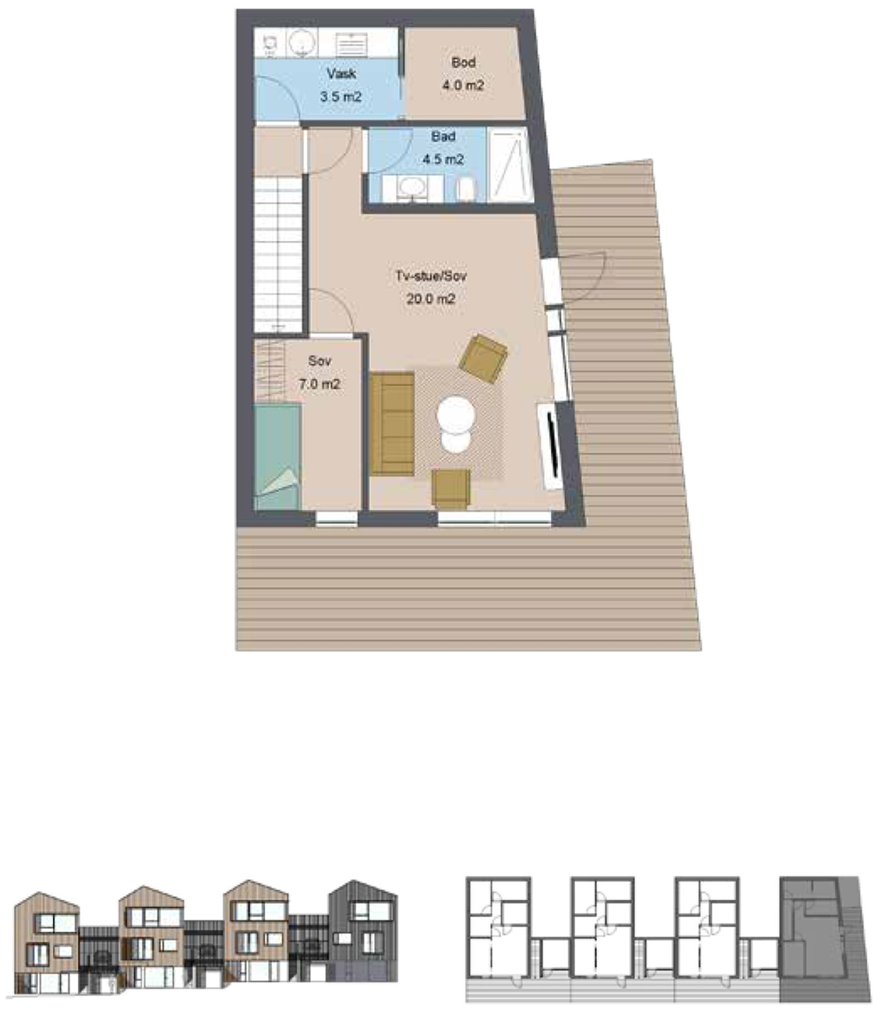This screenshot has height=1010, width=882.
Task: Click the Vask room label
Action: point(340,73)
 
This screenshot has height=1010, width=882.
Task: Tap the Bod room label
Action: point(463,62)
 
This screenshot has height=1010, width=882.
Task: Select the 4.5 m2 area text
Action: point(443,159)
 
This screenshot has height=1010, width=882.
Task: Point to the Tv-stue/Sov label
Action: point(431,276)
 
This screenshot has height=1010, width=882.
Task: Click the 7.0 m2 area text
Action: point(319,384)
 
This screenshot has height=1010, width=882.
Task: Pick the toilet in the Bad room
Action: point(465,190)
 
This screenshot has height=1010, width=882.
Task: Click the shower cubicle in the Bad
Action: point(510,165)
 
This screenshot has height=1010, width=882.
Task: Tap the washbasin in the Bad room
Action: point(412,189)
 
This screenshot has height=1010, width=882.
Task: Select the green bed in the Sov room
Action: point(277,456)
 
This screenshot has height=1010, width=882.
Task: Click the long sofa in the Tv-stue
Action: point(392,424)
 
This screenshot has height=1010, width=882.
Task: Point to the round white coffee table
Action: point(456,415)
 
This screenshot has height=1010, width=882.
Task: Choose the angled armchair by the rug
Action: point(483,359)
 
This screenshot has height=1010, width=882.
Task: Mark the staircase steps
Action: point(277,254)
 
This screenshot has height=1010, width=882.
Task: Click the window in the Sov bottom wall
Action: point(336,519)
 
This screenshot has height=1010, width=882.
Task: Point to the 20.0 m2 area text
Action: point(431,299)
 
